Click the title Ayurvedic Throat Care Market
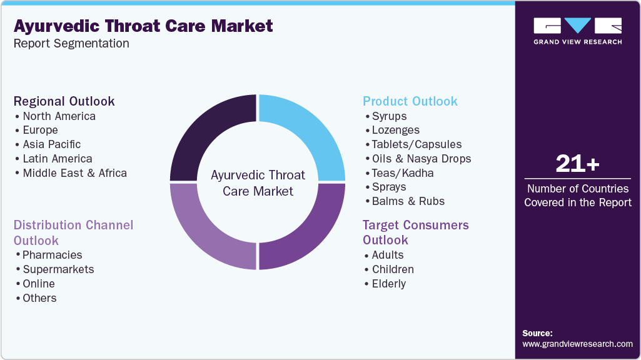(x=143, y=26)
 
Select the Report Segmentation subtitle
(x=71, y=44)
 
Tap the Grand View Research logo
(x=577, y=31)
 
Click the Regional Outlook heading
(x=64, y=101)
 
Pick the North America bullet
(x=59, y=116)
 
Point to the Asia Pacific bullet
(x=51, y=144)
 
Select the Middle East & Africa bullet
(x=74, y=173)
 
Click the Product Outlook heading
(x=410, y=101)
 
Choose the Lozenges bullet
(x=395, y=130)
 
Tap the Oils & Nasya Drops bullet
(x=421, y=159)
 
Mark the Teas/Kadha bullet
(x=402, y=173)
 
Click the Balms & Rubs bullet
(x=408, y=201)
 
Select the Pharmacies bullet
(x=52, y=255)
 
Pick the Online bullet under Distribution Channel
(x=39, y=284)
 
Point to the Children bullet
(x=392, y=269)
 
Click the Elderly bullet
(x=388, y=284)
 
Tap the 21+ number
(x=577, y=164)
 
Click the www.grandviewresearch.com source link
(x=577, y=344)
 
